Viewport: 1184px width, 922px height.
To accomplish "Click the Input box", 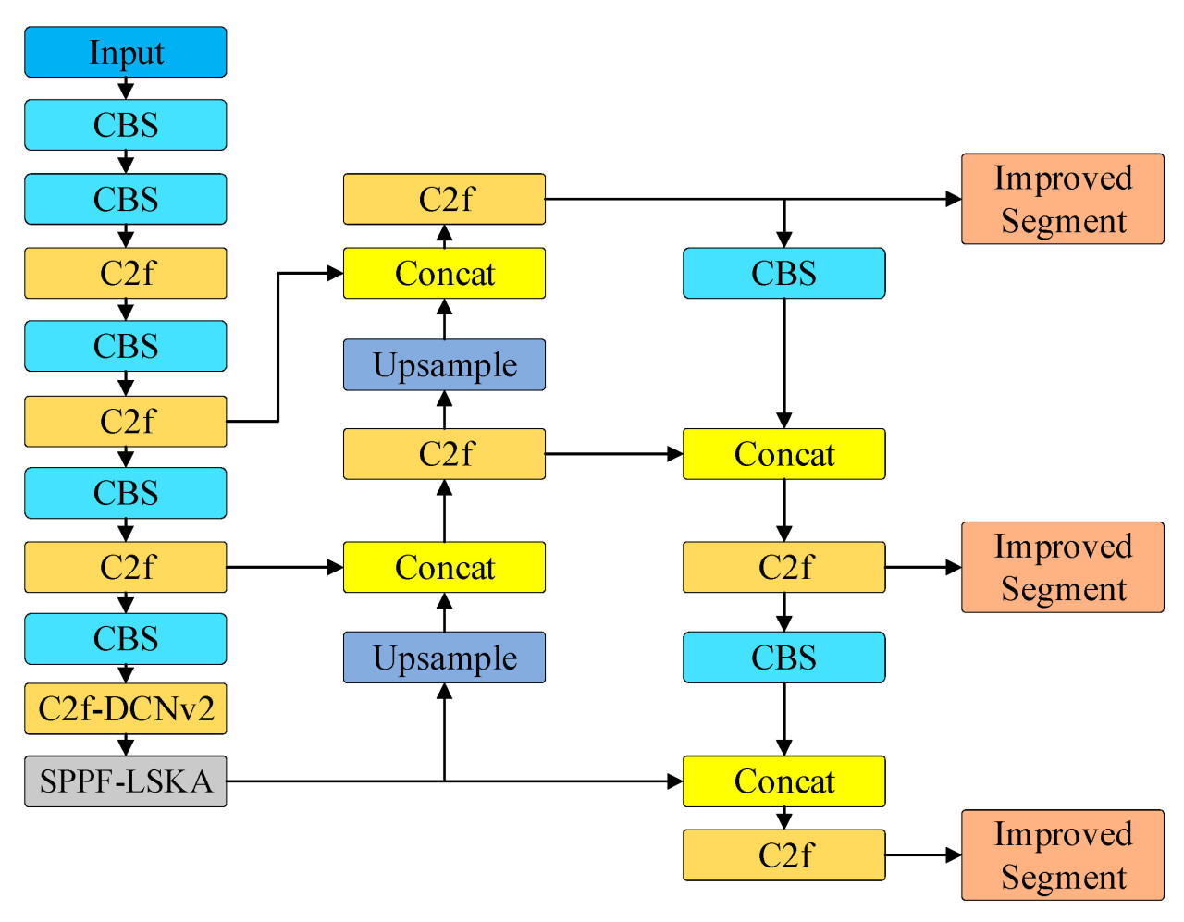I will (125, 52).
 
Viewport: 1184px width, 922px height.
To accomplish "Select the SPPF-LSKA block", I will (125, 781).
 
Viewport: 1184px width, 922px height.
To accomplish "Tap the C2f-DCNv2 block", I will (125, 709).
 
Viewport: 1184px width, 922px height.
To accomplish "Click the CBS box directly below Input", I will (125, 125).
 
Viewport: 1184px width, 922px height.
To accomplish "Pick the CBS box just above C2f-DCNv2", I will (125, 639).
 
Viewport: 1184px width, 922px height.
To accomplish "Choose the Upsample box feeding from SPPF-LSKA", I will (444, 658).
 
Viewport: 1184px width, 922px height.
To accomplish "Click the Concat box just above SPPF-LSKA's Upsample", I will (444, 567).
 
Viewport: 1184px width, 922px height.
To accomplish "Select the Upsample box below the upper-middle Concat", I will (444, 365).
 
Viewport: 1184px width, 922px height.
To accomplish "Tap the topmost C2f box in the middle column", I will (444, 199).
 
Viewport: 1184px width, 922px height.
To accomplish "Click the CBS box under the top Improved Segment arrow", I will (783, 273).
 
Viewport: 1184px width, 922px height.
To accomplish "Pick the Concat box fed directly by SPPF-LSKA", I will (783, 781).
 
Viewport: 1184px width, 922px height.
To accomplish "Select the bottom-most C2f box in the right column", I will (783, 855).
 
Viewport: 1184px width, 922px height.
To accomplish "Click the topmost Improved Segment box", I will (1063, 199).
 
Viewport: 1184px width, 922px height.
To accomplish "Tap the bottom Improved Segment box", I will (1063, 855).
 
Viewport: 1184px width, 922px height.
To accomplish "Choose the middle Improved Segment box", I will (1063, 567).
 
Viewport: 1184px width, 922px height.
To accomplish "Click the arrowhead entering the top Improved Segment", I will (954, 199).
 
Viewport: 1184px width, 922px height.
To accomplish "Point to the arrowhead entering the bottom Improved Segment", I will (954, 855).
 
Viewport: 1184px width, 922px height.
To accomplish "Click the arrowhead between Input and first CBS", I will (126, 92).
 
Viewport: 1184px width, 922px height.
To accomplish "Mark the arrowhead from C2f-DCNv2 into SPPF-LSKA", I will (126, 747).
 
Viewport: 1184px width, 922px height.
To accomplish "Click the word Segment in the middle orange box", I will (1064, 589).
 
